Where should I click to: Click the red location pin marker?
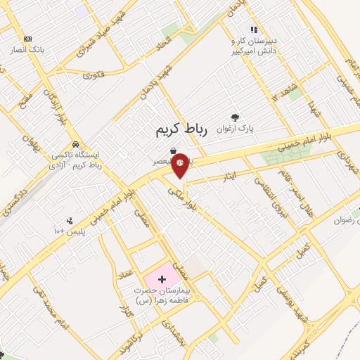(180, 163)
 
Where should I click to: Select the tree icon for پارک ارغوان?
(235, 117)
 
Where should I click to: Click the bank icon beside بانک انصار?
(27, 39)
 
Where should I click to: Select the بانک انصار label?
(27, 51)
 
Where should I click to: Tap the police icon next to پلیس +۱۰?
(69, 220)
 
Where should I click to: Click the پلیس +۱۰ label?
(68, 231)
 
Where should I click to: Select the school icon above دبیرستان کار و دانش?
(254, 30)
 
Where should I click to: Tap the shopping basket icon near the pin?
(173, 150)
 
